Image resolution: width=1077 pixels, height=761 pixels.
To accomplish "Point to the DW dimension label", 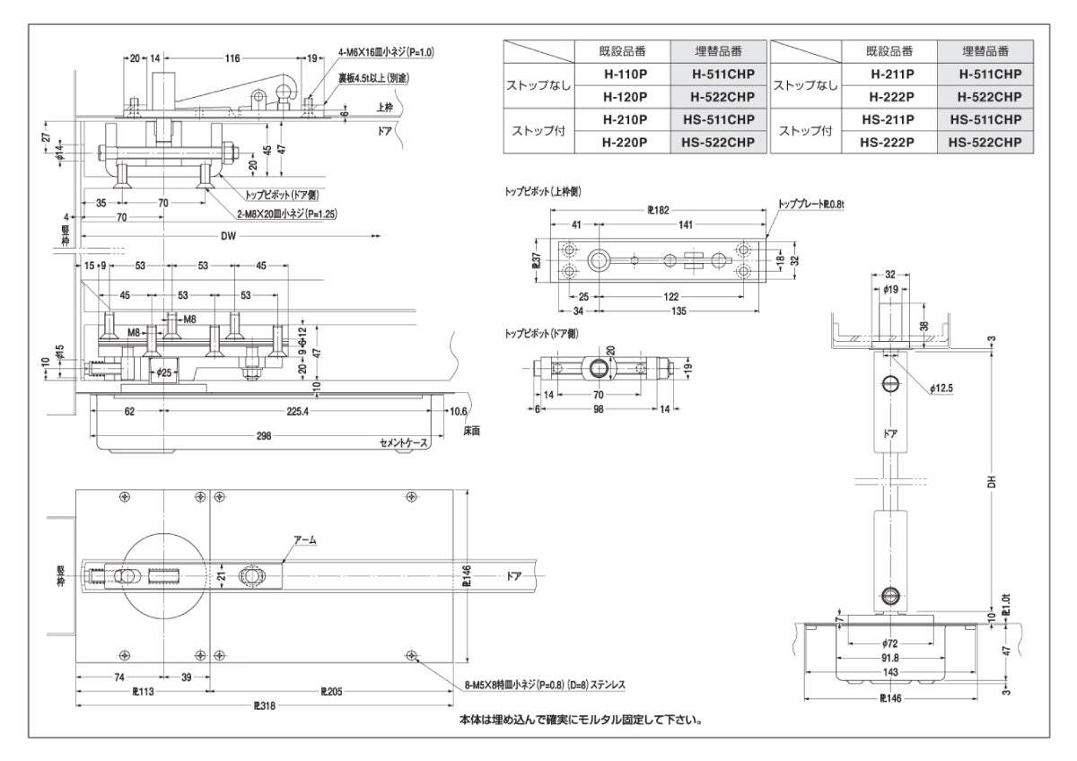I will [x=230, y=236].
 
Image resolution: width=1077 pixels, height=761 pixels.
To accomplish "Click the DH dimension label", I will [x=990, y=481].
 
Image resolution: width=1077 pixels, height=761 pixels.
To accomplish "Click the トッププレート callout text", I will [x=810, y=206].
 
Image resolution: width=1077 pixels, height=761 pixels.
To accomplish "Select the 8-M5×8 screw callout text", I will [x=545, y=685].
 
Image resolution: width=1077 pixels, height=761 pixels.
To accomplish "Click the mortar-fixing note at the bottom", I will [x=580, y=719].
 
